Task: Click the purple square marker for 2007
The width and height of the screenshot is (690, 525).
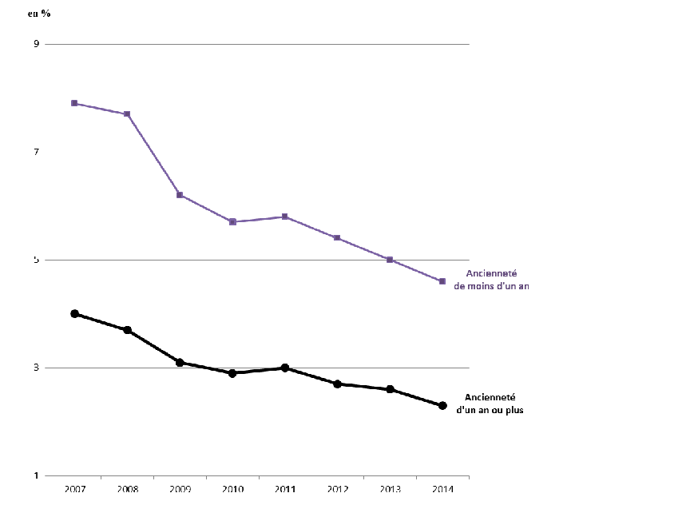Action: [x=74, y=103]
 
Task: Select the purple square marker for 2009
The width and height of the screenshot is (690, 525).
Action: [x=180, y=195]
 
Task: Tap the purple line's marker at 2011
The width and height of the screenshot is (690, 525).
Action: [x=284, y=217]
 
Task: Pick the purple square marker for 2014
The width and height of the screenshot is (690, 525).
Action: [x=442, y=281]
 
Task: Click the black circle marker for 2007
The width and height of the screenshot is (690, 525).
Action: [x=74, y=314]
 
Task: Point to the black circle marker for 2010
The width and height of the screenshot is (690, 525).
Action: [x=232, y=373]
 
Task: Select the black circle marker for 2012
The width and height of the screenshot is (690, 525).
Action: [x=337, y=384]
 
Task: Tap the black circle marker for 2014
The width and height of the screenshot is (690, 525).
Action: [x=442, y=406]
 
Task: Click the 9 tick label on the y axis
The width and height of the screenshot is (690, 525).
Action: [x=36, y=44]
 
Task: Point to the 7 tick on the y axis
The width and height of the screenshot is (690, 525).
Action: [x=36, y=152]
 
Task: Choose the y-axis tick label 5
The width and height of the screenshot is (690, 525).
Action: [x=36, y=260]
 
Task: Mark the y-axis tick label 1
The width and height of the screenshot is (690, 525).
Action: [x=36, y=476]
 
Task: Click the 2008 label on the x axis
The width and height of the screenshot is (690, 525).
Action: [x=127, y=490]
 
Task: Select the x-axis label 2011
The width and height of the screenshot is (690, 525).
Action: [x=284, y=490]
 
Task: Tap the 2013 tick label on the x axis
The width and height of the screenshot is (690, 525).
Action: [x=389, y=490]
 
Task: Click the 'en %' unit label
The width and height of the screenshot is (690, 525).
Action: [x=39, y=14]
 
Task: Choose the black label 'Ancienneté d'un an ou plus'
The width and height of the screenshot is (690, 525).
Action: [x=490, y=404]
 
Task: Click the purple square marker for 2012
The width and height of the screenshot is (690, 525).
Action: [x=337, y=238]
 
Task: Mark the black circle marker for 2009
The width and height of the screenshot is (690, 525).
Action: [x=180, y=363]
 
